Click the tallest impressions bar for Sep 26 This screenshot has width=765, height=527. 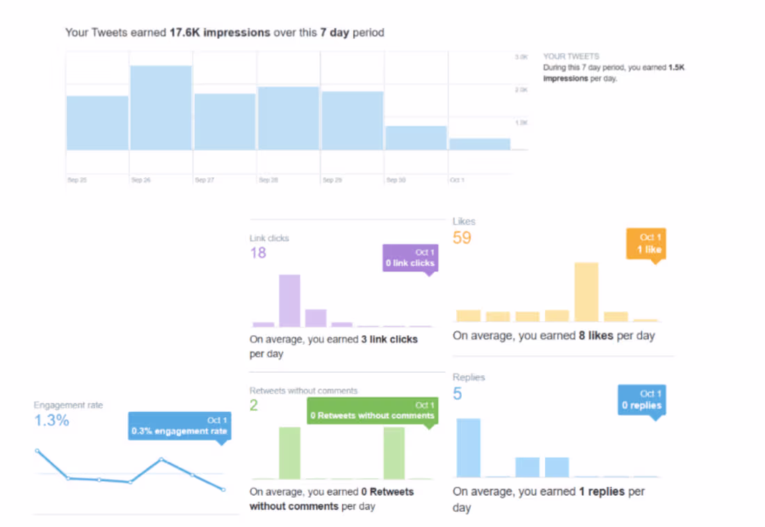161,108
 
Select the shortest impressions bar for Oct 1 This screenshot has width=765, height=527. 479,144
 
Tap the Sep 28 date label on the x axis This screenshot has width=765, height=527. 268,180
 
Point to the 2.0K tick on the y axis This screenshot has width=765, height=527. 521,90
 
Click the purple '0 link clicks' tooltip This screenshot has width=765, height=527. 410,257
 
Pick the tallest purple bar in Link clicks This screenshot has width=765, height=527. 289,300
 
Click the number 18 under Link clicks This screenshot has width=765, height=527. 258,252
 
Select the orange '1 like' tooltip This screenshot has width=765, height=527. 646,243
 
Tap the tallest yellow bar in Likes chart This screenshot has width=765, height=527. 586,291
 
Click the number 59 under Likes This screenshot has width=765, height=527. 462,238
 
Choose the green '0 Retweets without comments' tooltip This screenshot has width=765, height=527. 372,410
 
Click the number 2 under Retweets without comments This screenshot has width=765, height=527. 254,405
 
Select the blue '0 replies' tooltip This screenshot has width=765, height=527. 641,400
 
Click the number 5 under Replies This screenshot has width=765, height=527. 458,394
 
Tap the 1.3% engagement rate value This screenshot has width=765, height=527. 51,420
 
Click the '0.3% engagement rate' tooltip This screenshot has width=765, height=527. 179,426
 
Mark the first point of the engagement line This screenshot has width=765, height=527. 38,451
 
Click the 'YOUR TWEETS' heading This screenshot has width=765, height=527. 570,56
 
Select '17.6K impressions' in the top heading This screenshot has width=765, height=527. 220,33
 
